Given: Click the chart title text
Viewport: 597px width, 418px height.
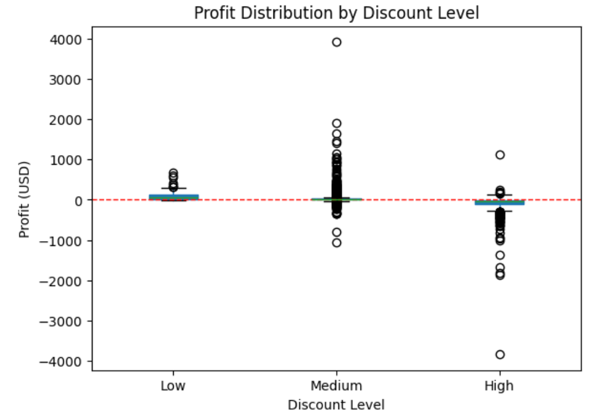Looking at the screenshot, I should pyautogui.click(x=336, y=13).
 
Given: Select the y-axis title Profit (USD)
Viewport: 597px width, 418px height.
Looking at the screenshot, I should pyautogui.click(x=24, y=199).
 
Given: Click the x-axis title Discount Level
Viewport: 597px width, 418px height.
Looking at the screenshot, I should pyautogui.click(x=336, y=404).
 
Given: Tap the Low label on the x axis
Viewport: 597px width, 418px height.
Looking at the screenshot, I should pyautogui.click(x=173, y=386).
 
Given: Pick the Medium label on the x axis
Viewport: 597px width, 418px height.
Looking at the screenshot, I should pyautogui.click(x=336, y=386).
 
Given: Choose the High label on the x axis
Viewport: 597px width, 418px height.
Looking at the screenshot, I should pyautogui.click(x=499, y=386).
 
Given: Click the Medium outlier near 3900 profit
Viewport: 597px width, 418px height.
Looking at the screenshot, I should pyautogui.click(x=337, y=42).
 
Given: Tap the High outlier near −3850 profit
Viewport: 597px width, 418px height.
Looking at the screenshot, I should pyautogui.click(x=500, y=355).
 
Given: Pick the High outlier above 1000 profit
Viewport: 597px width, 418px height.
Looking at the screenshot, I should pyautogui.click(x=500, y=155).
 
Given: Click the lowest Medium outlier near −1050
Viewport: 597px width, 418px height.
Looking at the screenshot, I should pyautogui.click(x=337, y=242).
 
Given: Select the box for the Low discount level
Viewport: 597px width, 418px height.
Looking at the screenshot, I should pyautogui.click(x=174, y=197).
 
